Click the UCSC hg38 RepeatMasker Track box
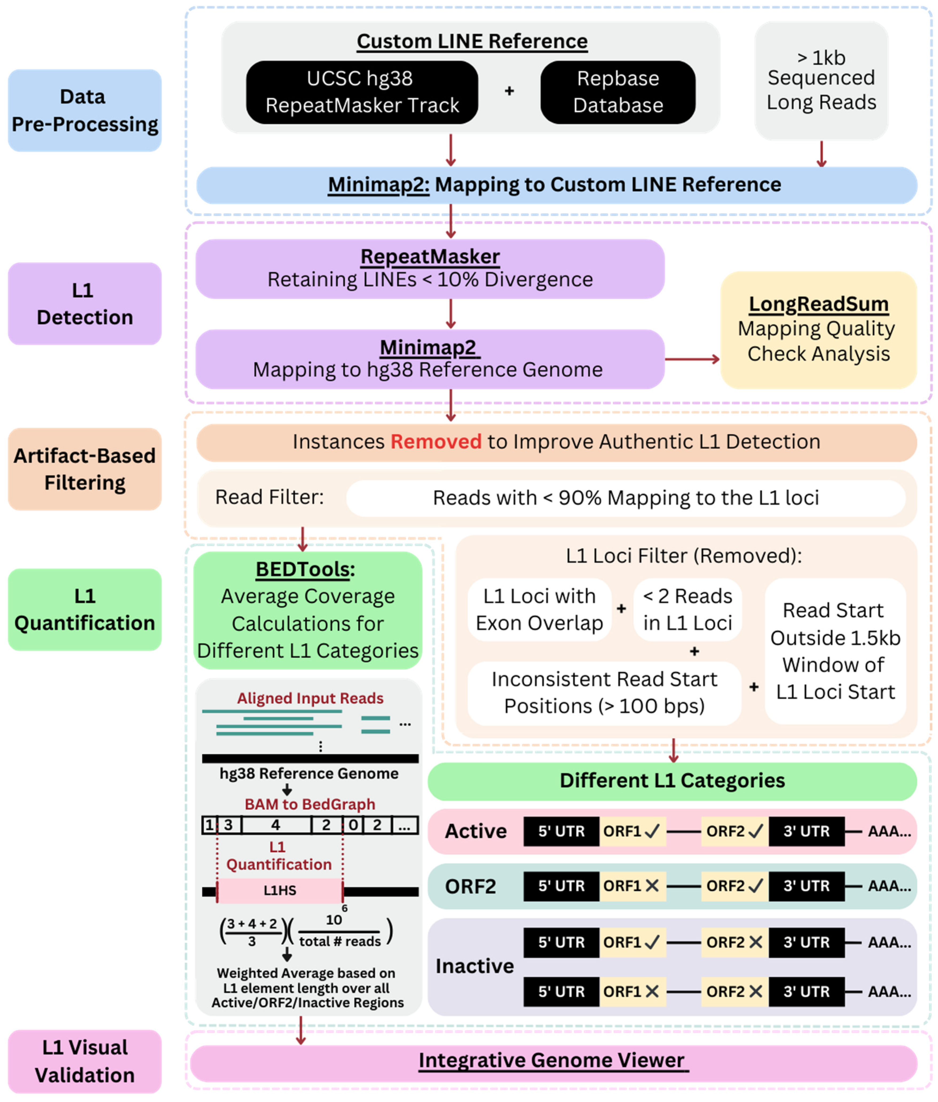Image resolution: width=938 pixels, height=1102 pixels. click(x=362, y=92)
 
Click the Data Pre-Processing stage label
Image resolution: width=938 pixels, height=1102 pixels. click(x=85, y=110)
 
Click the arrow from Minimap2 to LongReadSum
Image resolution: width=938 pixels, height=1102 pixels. click(x=691, y=360)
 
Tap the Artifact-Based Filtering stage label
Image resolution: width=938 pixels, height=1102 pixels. click(x=85, y=469)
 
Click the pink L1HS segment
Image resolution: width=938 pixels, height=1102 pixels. click(x=280, y=890)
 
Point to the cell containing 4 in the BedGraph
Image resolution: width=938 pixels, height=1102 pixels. click(x=275, y=825)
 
